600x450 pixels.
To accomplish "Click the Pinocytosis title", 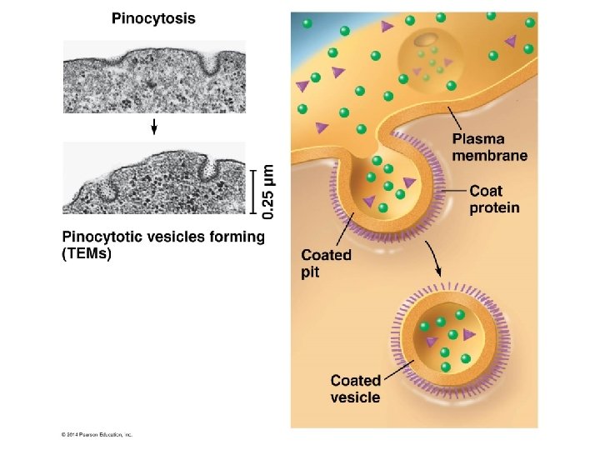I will coord(154,18).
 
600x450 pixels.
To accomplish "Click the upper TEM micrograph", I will coord(154,77).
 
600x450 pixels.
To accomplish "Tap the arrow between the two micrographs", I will coord(154,126).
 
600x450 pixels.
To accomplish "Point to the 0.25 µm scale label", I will coord(268,191).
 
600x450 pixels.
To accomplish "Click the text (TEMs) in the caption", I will coord(87,255).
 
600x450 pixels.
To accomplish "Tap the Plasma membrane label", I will coord(489,147).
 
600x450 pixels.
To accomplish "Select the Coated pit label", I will coord(326,262).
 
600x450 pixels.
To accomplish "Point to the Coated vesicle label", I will coord(355,389).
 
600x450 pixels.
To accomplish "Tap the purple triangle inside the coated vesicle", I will coord(469,334).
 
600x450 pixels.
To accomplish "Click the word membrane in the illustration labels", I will coord(489,155).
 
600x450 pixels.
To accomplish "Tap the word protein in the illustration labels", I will coord(493,207).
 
